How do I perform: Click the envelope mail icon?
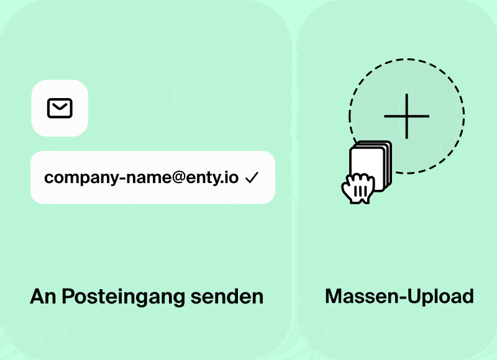tap(60, 109)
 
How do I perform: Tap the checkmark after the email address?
tap(252, 178)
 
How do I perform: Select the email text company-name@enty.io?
tap(142, 178)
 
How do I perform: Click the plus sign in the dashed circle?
tap(406, 117)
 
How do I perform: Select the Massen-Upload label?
tap(399, 297)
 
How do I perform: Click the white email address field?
tap(152, 178)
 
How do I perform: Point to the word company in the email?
tap(73, 178)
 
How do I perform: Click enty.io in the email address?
tap(213, 178)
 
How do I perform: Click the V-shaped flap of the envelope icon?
tap(60, 106)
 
